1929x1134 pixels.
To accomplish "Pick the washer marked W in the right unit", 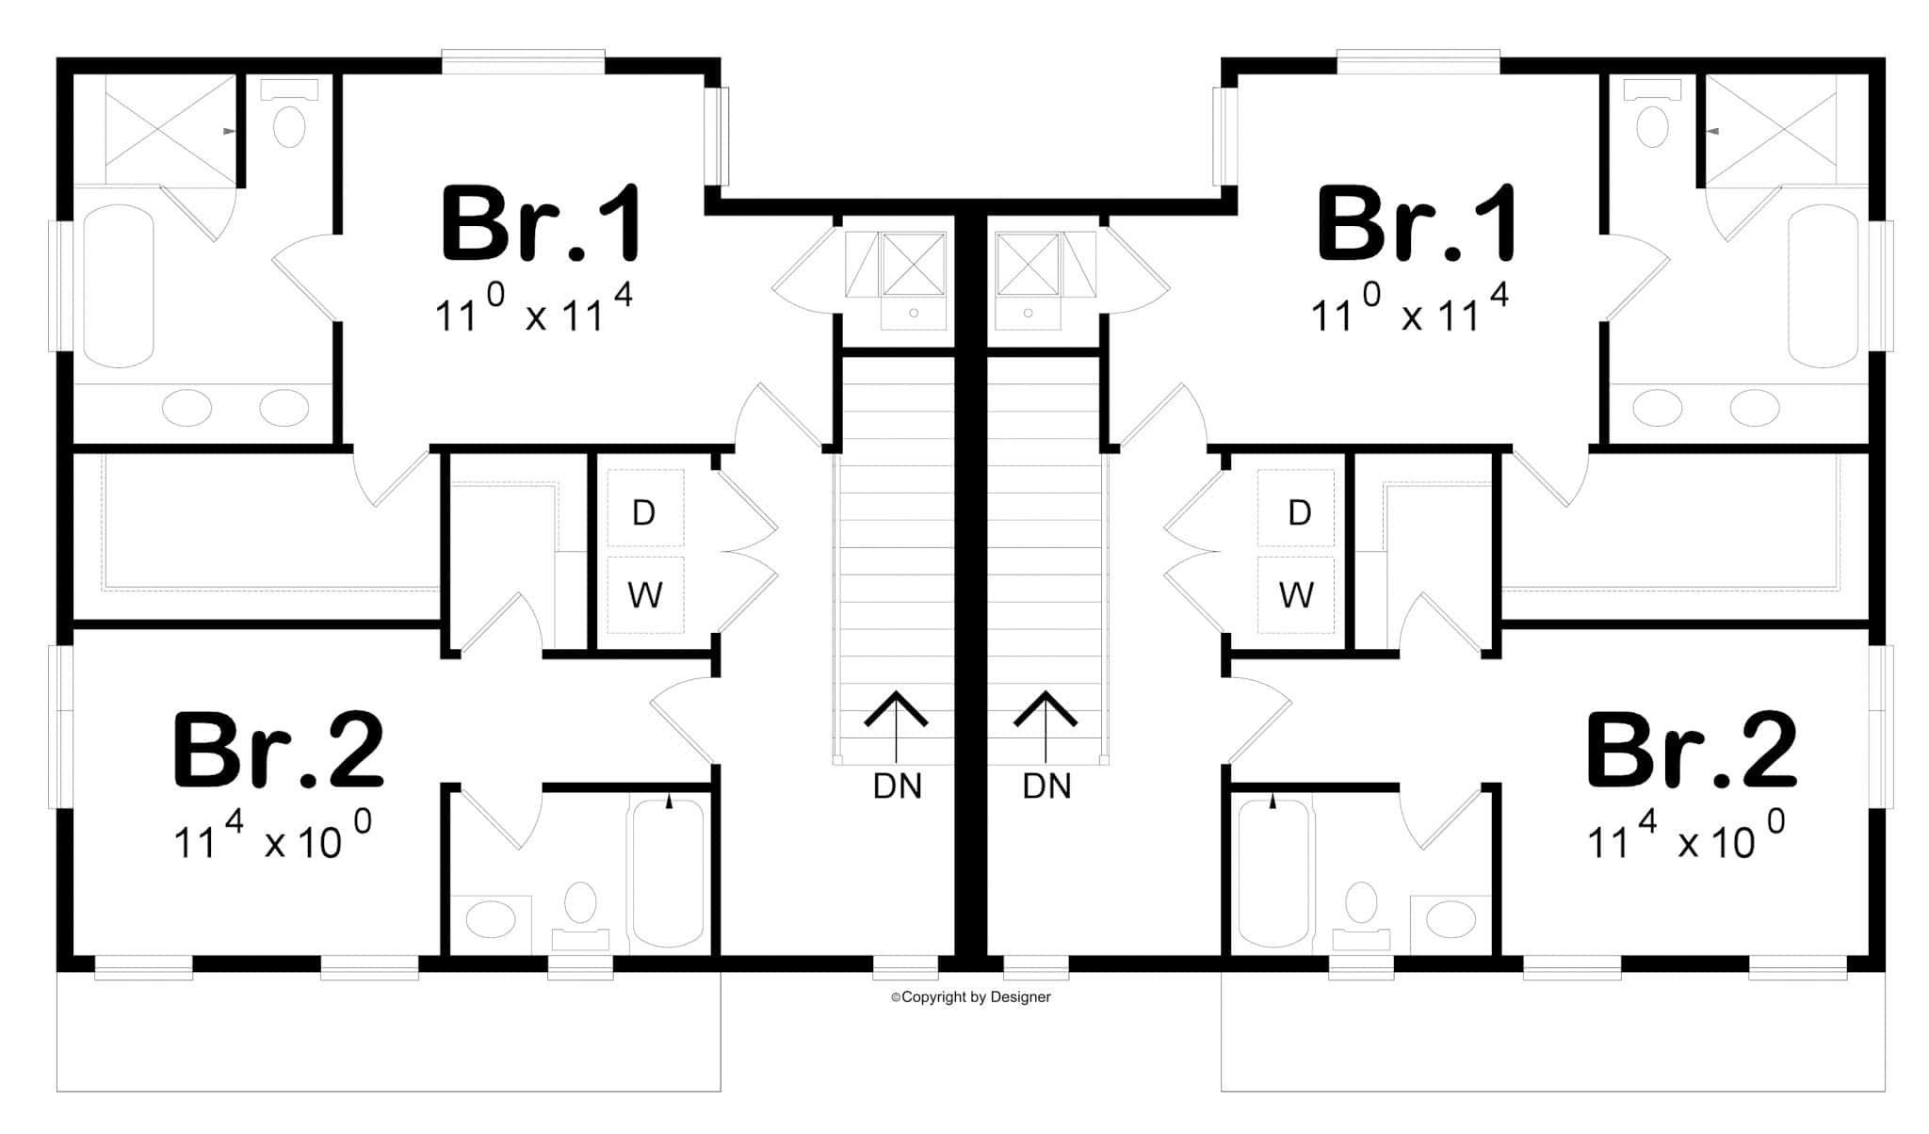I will [1296, 594].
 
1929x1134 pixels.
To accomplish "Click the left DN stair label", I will [897, 786].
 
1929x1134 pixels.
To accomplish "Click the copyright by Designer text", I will [971, 996].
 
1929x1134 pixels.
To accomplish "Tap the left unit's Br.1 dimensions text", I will [533, 311].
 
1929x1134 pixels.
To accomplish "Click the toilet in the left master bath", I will [289, 118].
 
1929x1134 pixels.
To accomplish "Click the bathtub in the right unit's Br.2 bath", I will [1273, 871].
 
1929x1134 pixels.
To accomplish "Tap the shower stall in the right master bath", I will [1771, 130].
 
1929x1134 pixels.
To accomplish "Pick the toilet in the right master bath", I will [1652, 118].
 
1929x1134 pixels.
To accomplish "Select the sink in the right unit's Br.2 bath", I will [1451, 917].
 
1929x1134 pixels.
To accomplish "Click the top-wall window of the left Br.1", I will [523, 62].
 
